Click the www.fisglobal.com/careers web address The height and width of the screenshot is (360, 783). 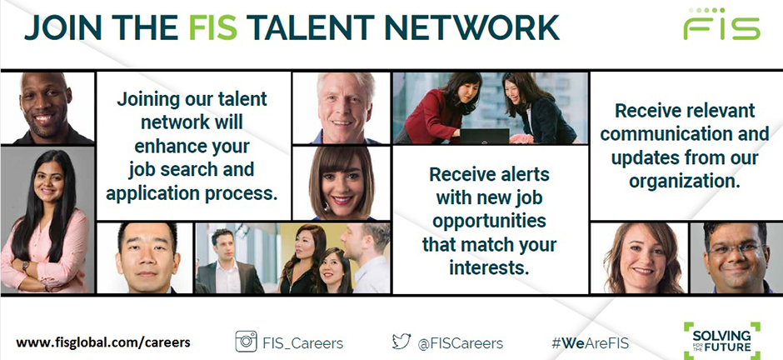[x=102, y=343]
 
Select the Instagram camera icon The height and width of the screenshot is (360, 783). [x=246, y=342]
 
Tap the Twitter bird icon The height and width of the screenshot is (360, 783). [x=401, y=341]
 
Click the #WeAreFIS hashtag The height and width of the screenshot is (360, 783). [x=590, y=343]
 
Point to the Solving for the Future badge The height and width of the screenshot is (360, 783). [x=721, y=341]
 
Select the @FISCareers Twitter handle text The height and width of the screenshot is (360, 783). [x=460, y=343]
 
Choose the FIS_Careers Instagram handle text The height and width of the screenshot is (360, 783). [x=302, y=343]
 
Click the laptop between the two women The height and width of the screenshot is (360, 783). [x=485, y=136]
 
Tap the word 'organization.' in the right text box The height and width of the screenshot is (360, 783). [x=684, y=181]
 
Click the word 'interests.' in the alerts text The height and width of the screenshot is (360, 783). [x=489, y=267]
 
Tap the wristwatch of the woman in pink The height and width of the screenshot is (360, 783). [x=25, y=267]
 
